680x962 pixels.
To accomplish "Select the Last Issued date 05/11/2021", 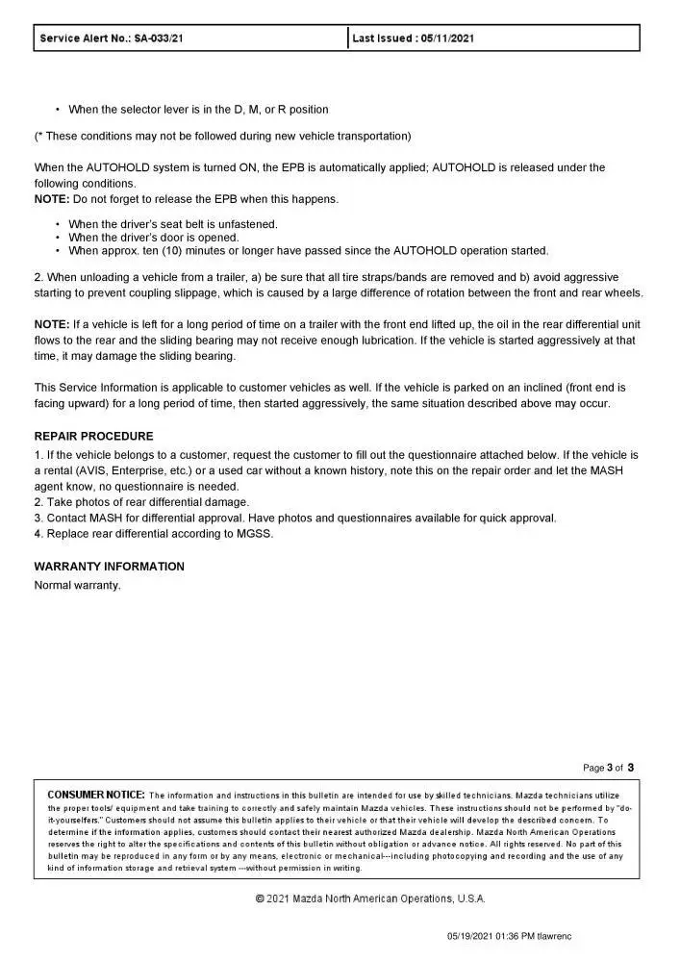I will (447, 38).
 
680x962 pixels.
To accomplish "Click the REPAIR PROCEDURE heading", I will (92, 436).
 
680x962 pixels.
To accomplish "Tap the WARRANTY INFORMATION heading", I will (109, 567).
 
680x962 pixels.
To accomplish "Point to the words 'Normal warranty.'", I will (77, 585).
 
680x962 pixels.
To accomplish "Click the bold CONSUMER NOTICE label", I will (96, 795).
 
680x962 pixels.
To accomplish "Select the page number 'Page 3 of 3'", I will (609, 768).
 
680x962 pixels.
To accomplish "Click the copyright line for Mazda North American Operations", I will (370, 899).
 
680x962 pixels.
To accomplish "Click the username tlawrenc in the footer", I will (560, 936).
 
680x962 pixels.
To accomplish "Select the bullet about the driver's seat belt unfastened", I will (173, 224).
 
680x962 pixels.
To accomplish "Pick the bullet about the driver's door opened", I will (154, 238).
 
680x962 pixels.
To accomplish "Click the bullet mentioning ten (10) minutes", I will (308, 251).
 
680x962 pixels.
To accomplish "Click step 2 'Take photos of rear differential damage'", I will (141, 501).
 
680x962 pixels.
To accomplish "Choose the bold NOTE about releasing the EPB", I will (51, 199).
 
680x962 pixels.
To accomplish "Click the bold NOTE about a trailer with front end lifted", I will (51, 323).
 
